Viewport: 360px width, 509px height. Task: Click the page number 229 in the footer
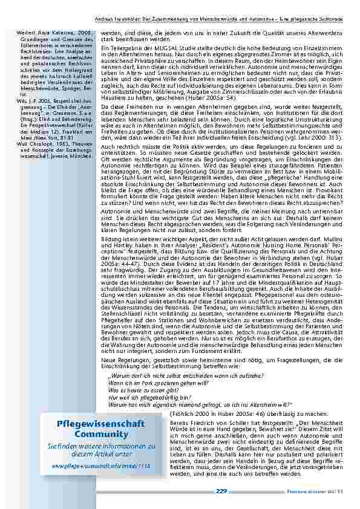[221, 492]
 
